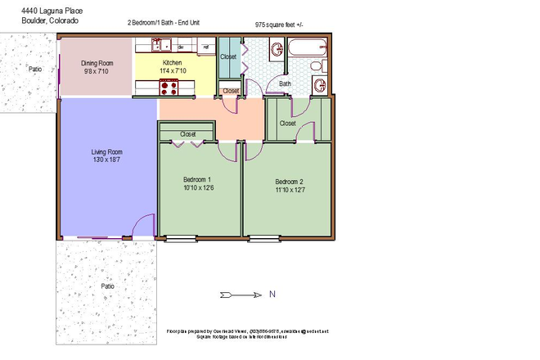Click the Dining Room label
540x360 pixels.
point(97,62)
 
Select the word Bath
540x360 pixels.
point(285,83)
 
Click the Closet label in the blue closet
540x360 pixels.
point(228,56)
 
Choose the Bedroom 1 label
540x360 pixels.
point(198,180)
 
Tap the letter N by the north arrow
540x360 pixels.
point(272,295)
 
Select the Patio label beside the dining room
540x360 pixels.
point(34,70)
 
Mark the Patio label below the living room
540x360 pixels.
point(107,286)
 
